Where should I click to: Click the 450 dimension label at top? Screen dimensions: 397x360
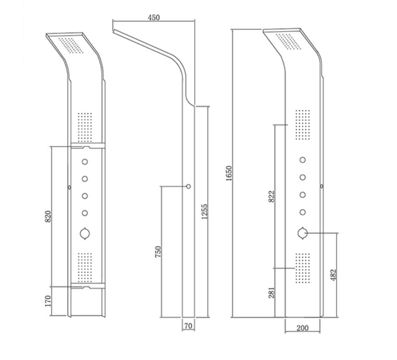click(153, 18)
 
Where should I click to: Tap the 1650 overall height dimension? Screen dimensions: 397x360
click(229, 173)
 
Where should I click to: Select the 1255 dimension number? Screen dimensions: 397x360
click(204, 211)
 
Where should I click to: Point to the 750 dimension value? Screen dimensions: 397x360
click(158, 252)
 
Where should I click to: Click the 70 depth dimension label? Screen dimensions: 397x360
click(188, 325)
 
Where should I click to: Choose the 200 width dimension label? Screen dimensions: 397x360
click(302, 328)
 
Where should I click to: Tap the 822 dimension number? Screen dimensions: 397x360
click(271, 196)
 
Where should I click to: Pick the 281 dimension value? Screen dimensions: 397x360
click(271, 292)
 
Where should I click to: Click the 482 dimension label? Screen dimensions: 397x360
click(334, 275)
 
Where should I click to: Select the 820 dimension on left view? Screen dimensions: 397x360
click(48, 217)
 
